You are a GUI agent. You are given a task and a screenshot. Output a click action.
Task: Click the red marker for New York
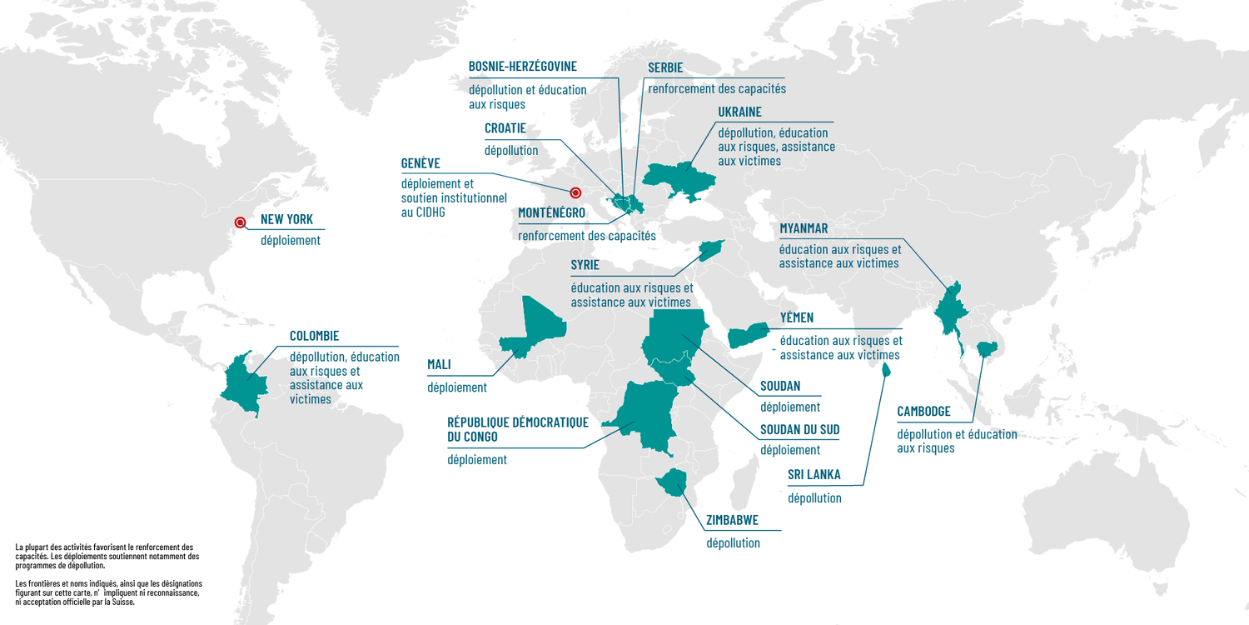click(x=240, y=222)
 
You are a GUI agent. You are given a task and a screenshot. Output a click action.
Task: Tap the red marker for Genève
click(x=575, y=192)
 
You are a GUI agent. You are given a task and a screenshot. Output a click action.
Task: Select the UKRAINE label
click(x=739, y=112)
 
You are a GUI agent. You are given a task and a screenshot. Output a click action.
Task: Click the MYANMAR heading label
click(x=804, y=228)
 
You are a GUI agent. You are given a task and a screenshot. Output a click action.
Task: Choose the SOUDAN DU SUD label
click(x=799, y=430)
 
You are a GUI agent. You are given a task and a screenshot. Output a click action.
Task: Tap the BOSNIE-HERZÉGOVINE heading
click(x=522, y=66)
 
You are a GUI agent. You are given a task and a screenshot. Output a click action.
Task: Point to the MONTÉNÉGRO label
click(x=551, y=213)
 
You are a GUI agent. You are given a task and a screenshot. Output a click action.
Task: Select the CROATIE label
click(x=505, y=128)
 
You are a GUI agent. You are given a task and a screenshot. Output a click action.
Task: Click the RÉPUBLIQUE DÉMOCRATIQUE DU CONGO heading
click(x=517, y=429)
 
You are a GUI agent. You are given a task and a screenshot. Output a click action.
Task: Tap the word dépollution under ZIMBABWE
click(x=733, y=543)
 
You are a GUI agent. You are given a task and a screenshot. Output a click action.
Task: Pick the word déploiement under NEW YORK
click(x=290, y=241)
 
